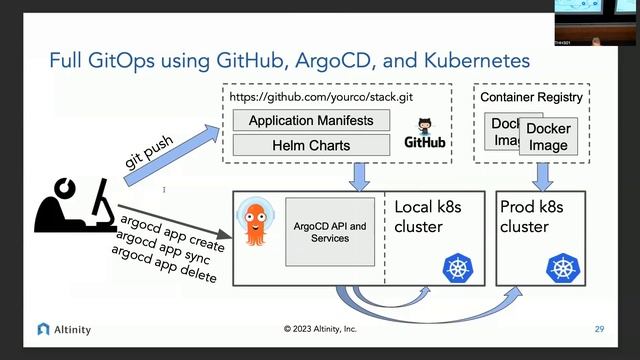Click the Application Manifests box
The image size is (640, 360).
click(x=311, y=121)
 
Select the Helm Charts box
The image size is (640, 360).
click(x=311, y=145)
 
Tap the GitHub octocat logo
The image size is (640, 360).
click(x=424, y=127)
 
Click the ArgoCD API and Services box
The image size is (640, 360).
click(x=330, y=232)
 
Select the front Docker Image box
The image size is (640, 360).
click(x=548, y=137)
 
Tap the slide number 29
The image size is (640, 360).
click(x=599, y=328)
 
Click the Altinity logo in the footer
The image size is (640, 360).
click(x=64, y=328)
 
